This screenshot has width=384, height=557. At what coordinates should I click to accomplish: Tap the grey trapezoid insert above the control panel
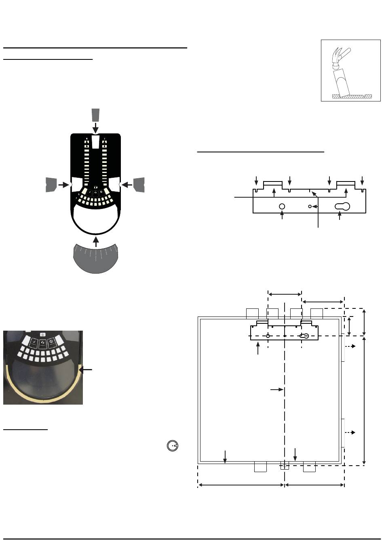(95, 115)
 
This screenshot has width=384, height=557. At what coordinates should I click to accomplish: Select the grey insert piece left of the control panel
(51, 184)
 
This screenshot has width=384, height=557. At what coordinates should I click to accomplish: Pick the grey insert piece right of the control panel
(139, 184)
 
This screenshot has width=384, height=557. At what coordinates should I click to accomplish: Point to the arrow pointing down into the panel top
(95, 128)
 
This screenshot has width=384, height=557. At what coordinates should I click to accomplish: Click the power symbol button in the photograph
(43, 334)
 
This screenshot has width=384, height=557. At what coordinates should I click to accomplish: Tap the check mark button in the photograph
(34, 343)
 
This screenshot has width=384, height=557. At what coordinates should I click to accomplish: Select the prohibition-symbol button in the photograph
(52, 343)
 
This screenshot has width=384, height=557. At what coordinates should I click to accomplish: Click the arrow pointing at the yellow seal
(87, 369)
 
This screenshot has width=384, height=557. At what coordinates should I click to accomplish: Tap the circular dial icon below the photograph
(173, 445)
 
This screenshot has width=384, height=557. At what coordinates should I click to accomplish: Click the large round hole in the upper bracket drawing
(282, 206)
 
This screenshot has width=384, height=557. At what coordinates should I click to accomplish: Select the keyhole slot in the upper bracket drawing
(342, 206)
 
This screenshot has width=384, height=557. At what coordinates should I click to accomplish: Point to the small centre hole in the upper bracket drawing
(310, 206)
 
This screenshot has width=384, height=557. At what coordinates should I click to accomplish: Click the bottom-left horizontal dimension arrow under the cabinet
(241, 485)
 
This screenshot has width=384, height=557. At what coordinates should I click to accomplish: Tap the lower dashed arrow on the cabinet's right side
(350, 433)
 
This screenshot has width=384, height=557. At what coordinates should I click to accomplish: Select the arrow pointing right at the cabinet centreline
(276, 389)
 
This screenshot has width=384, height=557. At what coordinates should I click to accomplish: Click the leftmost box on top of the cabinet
(252, 313)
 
